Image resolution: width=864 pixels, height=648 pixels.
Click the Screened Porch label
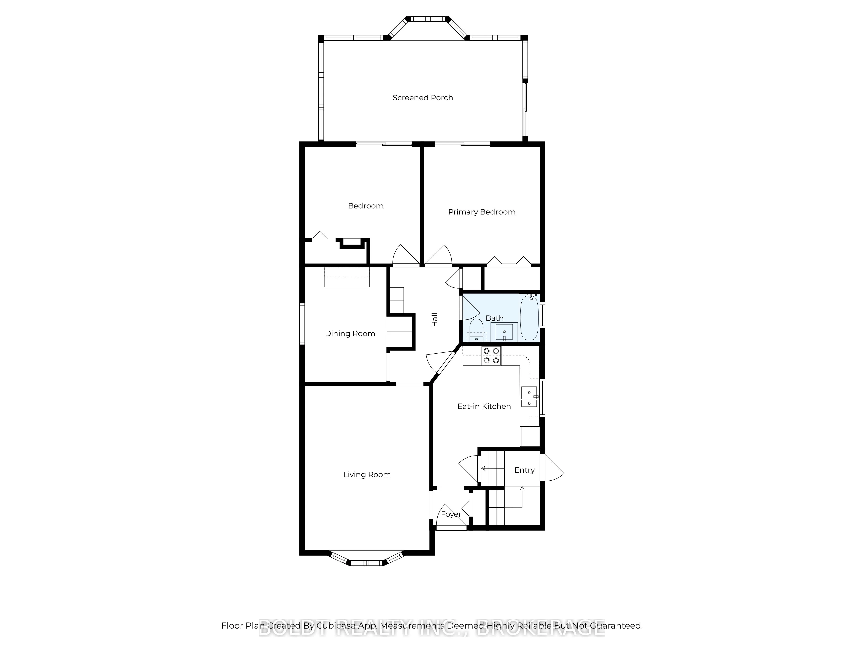click(423, 98)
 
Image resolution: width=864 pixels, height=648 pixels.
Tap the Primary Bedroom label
click(482, 212)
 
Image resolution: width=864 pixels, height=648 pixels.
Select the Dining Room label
click(350, 334)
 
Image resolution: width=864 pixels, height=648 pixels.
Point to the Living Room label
click(367, 475)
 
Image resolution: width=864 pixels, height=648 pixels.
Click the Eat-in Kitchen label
click(484, 406)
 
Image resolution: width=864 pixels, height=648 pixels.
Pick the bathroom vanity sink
click(504, 332)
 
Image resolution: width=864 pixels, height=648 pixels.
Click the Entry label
click(524, 470)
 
